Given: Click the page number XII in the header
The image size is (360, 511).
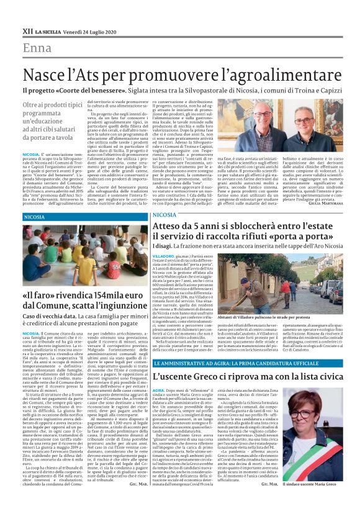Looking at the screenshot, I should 27,30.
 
